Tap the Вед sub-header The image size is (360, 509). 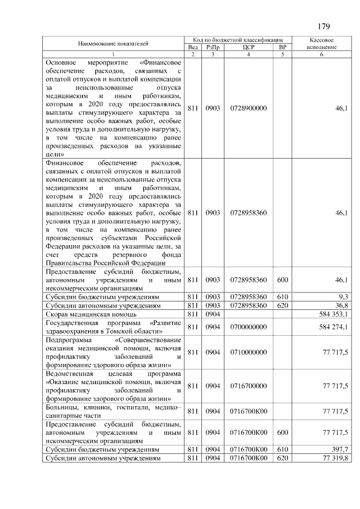192,47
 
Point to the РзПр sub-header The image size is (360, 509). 213,47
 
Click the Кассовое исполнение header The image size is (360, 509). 322,44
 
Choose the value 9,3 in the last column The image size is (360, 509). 343,296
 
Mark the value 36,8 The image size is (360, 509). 341,305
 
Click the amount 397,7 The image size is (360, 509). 339,450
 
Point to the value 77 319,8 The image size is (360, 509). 335,458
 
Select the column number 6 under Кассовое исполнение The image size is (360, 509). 322,54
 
